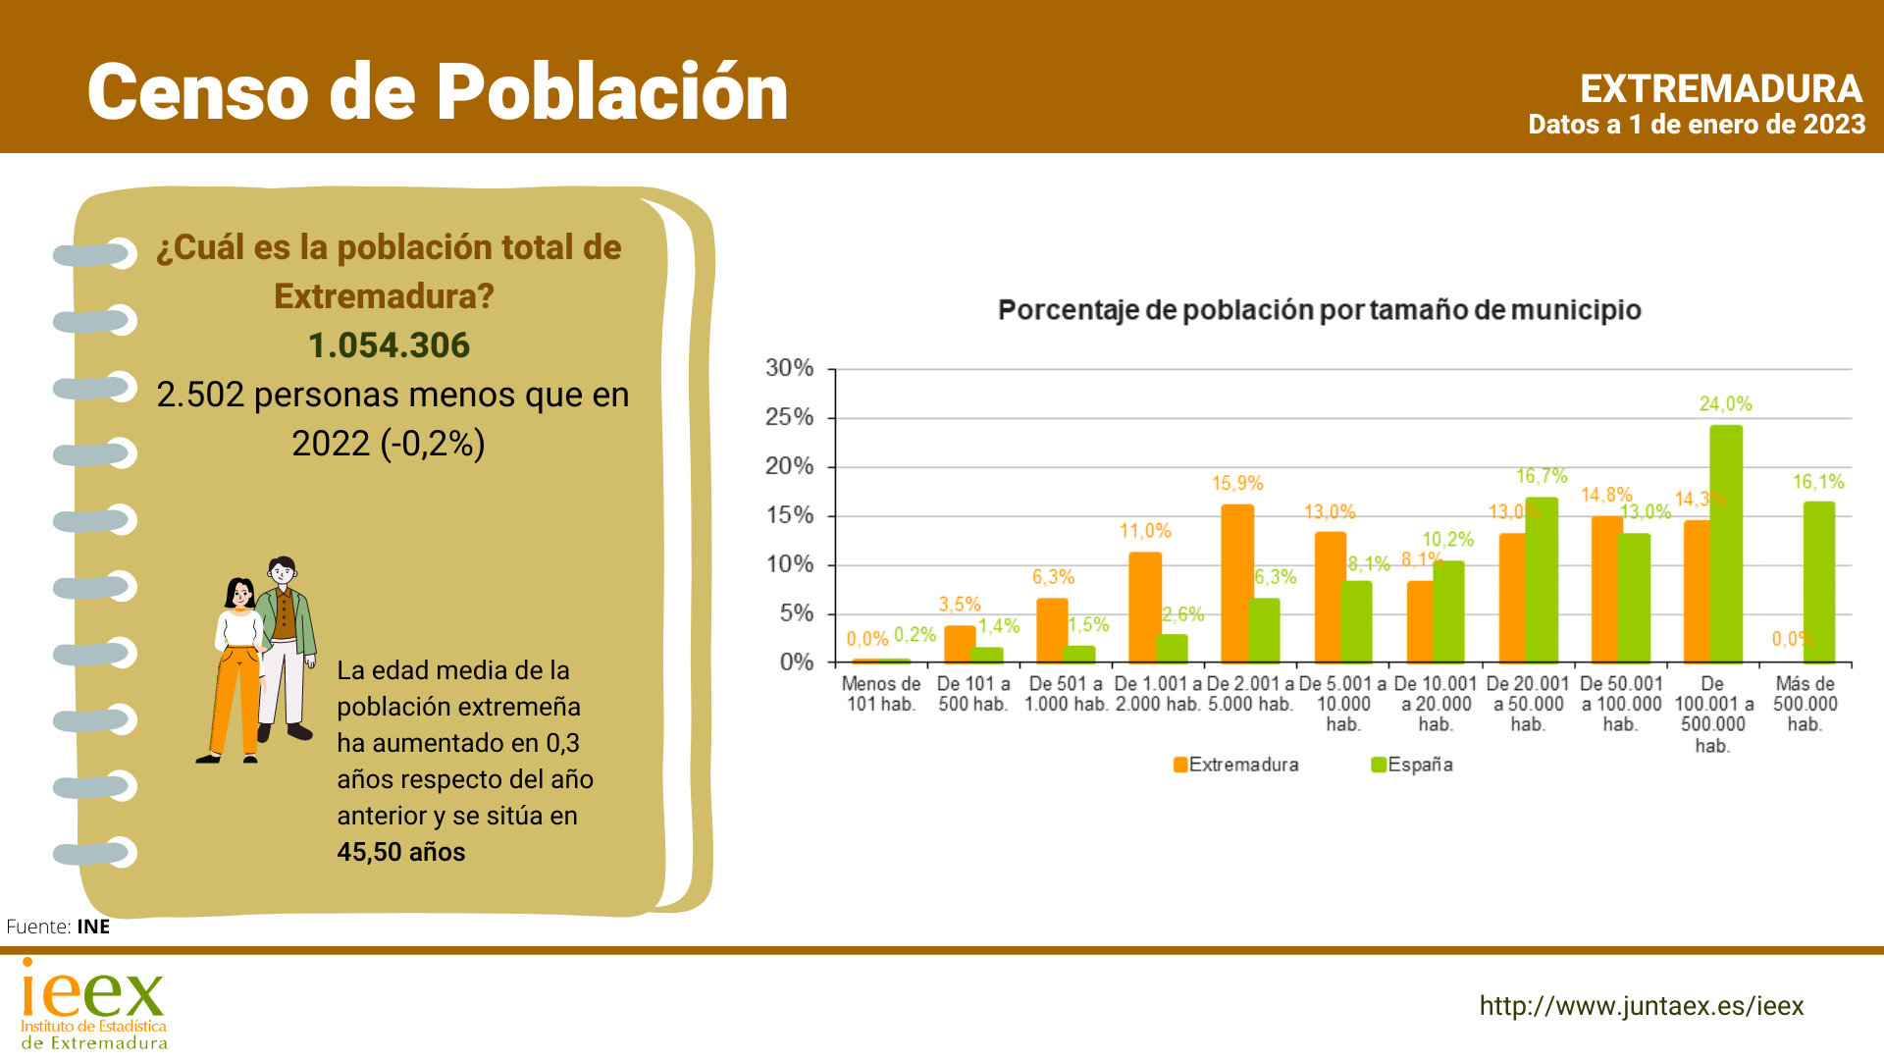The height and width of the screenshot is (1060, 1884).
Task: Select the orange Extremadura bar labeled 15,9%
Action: [x=1236, y=583]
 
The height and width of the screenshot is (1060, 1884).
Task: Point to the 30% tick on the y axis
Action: [x=790, y=368]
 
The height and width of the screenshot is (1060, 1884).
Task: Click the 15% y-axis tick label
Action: [x=790, y=515]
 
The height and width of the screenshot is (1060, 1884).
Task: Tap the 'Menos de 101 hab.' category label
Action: [x=881, y=694]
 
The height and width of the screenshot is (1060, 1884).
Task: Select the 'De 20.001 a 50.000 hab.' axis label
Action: [x=1527, y=704]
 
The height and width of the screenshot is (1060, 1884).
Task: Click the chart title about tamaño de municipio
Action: [x=1319, y=310]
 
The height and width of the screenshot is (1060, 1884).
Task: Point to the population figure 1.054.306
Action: [x=389, y=345]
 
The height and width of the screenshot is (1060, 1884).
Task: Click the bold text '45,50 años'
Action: [x=401, y=852]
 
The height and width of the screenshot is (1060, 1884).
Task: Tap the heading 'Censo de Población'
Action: [x=438, y=92]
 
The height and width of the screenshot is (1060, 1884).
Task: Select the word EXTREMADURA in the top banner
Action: [x=1720, y=89]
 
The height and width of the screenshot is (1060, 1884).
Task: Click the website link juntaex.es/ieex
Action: [x=1641, y=1006]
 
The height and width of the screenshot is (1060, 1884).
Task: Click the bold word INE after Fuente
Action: [x=93, y=927]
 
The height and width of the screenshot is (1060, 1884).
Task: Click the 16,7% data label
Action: [x=1542, y=476]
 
